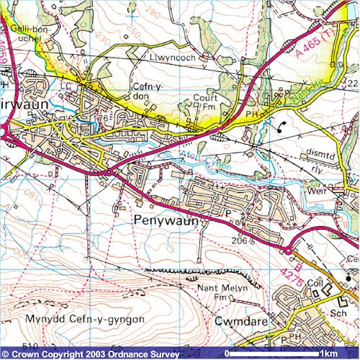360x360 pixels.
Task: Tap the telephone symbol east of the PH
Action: (280, 127)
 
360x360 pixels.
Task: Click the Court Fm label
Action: (205, 103)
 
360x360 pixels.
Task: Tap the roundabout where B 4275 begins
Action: (289, 251)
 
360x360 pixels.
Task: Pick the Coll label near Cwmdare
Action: (314, 283)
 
